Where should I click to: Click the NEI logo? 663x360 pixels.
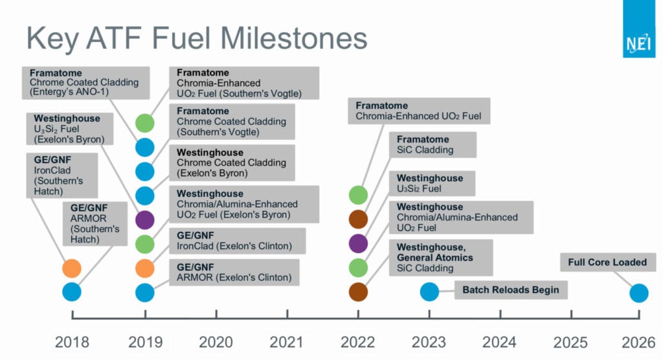638,28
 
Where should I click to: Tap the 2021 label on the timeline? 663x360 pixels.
287,342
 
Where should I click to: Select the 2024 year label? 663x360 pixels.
499,342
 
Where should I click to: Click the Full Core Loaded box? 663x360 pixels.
607,262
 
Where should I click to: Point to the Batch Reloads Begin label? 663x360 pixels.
511,290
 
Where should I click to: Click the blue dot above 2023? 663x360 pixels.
429,292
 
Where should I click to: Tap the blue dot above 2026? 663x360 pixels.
639,293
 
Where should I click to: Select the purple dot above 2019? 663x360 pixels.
144,220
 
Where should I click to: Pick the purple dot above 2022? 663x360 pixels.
358,243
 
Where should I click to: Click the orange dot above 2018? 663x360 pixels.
71,268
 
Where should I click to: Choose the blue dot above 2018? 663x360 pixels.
71,292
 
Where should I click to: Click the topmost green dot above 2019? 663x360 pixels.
144,123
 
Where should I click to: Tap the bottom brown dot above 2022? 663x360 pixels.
358,292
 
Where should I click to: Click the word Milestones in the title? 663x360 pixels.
294,38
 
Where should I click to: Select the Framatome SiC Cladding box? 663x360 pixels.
433,144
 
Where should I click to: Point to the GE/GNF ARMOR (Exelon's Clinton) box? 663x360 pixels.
234,273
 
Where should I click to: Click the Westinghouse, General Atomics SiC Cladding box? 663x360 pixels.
441,258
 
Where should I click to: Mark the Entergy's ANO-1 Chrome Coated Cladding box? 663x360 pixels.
86,82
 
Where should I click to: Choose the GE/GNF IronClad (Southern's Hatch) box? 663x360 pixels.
62,175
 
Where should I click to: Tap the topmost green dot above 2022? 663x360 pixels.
358,195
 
